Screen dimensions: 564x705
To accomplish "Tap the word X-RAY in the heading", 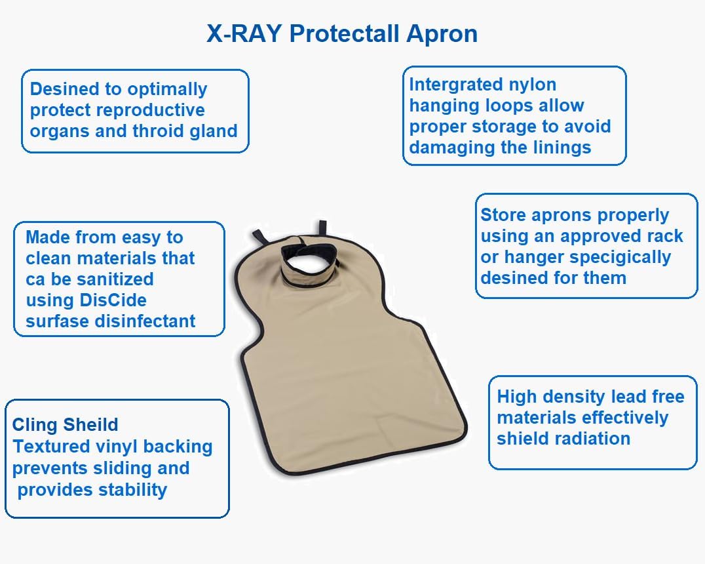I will pos(244,33).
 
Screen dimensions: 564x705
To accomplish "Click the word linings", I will pos(560,148).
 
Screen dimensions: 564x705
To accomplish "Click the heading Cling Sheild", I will pos(65,425).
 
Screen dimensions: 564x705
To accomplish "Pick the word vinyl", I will pos(113,447).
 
